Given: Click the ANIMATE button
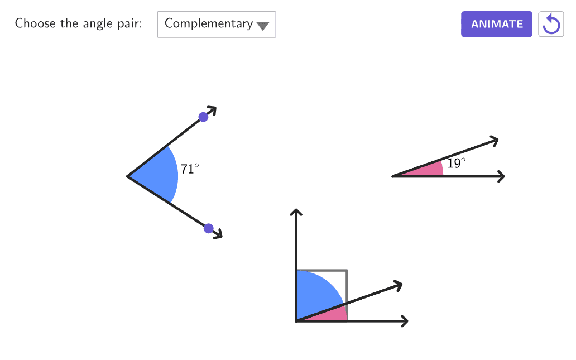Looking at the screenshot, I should pos(496,24).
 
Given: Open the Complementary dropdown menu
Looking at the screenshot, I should pos(217,25).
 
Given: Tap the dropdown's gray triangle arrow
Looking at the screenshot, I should pos(262,26).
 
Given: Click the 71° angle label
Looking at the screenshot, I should pos(189,169).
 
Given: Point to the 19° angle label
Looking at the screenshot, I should pos(455,163).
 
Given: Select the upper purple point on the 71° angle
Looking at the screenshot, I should pos(204,117).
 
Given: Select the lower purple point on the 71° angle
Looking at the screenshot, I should pos(209,228).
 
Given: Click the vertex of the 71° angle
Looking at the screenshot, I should pos(128,176).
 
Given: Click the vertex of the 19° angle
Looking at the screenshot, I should pos(393,176).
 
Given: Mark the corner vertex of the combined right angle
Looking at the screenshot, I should pos(296,321).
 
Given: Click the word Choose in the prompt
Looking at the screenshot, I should pos(35,23).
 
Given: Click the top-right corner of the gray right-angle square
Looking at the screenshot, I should pos(347,271).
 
